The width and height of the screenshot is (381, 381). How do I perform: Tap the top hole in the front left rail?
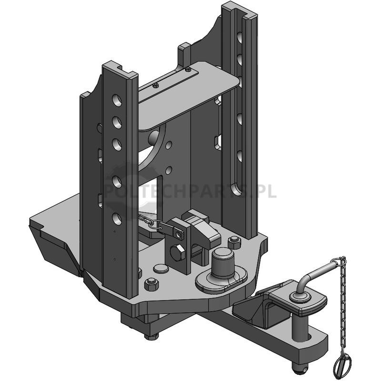click(x=117, y=100)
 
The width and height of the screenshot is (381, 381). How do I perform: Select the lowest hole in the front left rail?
click(x=117, y=219)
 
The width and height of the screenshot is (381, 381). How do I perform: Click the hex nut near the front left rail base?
click(x=151, y=284)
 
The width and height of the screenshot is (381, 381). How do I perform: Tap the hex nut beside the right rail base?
click(x=234, y=242)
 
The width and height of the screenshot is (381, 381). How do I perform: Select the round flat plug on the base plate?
click(x=161, y=269)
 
